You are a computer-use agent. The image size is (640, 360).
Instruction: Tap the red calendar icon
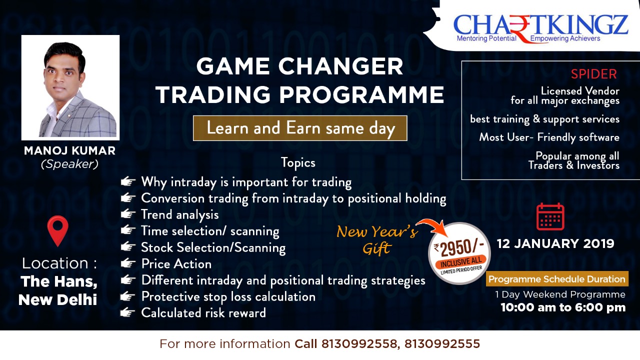click(x=550, y=216)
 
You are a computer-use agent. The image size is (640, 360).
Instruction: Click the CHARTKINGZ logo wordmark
click(x=540, y=25)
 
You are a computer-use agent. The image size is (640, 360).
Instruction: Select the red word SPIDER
click(x=593, y=74)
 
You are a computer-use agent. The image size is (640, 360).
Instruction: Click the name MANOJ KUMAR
click(x=69, y=151)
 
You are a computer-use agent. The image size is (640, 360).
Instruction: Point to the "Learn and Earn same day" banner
click(x=300, y=128)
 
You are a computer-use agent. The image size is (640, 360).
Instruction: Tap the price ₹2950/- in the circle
click(x=459, y=247)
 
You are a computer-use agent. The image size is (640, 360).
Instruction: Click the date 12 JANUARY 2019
click(x=555, y=243)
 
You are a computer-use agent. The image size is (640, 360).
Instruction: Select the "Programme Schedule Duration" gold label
click(x=557, y=279)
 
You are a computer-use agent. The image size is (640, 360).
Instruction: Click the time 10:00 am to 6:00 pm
click(x=563, y=307)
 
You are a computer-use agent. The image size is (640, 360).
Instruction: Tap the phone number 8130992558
click(x=359, y=343)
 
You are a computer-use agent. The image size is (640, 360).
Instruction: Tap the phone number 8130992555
click(x=442, y=343)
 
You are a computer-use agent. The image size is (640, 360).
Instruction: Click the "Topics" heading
click(x=298, y=163)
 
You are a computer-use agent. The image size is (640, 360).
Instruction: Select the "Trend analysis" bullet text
click(x=180, y=215)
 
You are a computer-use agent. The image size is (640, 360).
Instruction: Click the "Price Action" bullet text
click(x=176, y=264)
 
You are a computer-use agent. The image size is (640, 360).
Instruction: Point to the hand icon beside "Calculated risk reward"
click(x=127, y=312)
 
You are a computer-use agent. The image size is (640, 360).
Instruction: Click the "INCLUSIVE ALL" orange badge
click(x=461, y=261)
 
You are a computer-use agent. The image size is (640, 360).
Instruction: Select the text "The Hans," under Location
click(x=59, y=281)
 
